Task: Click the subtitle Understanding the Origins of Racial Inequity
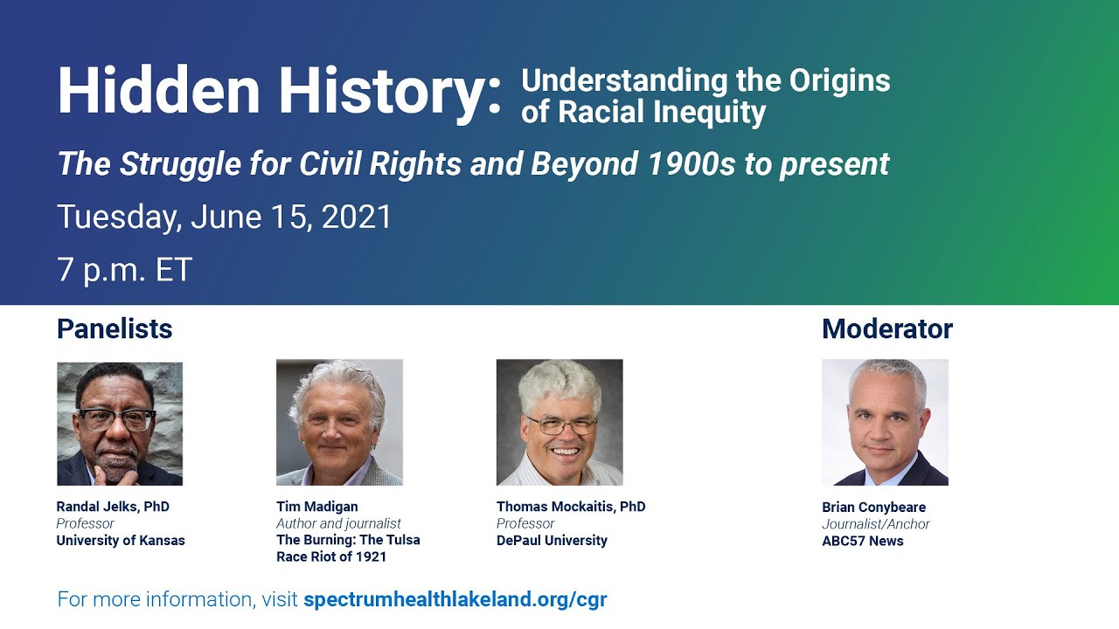tap(705, 96)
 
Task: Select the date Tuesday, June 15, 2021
tap(225, 217)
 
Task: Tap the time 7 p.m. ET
tap(124, 269)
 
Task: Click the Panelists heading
tap(115, 328)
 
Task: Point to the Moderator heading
tap(886, 328)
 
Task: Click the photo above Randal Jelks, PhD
tap(120, 424)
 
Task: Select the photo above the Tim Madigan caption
tap(339, 422)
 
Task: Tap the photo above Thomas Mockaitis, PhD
tap(559, 422)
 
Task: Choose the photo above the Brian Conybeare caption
tap(885, 422)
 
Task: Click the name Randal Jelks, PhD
tap(113, 507)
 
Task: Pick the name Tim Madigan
tap(316, 507)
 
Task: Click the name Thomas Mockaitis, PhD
tap(571, 507)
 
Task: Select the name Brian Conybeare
tap(873, 507)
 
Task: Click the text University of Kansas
tap(121, 540)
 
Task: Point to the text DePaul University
tap(552, 540)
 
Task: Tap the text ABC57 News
tap(862, 541)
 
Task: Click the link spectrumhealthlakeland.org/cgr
tap(455, 599)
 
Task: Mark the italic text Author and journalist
tap(338, 523)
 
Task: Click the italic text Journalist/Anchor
tap(875, 524)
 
